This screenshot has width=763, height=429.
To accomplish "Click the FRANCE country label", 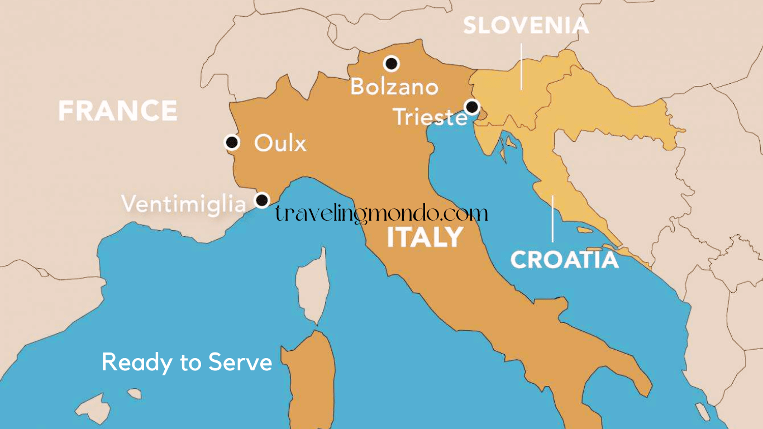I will (x=118, y=111).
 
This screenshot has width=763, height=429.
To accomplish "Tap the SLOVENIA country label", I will (x=526, y=26).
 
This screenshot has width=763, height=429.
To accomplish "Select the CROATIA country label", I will (x=564, y=260).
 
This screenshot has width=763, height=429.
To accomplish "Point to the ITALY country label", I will (x=425, y=237).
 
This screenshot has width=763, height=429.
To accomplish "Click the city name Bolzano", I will (x=394, y=87).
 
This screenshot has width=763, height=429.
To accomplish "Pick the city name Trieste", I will (x=430, y=117).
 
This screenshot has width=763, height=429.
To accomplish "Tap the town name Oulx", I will (x=280, y=144).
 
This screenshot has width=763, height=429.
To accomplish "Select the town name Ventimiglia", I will (x=184, y=204).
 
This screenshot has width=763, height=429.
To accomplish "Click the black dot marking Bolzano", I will (x=392, y=64).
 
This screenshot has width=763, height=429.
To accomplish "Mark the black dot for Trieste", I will (x=472, y=106).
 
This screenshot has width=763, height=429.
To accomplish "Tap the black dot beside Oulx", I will (x=232, y=142).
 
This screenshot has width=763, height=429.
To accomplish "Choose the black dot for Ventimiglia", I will (x=262, y=199).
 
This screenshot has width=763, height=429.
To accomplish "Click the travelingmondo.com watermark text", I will (x=381, y=213).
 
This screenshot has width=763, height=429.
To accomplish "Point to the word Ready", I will (x=137, y=363).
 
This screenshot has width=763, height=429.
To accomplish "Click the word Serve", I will (x=240, y=363).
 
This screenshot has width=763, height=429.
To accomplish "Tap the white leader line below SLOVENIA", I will (x=522, y=67).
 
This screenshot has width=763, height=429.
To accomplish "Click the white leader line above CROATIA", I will (x=553, y=218).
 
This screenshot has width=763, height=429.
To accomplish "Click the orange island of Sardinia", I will (x=311, y=380).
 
